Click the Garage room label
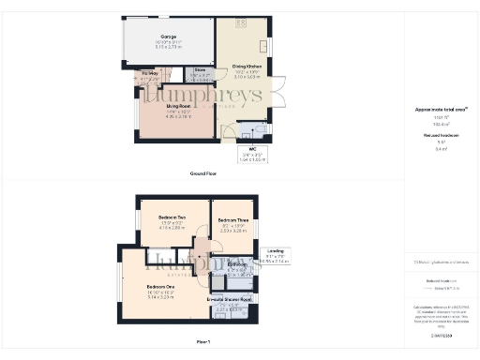[x=169, y=37]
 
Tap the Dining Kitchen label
[x=246, y=66]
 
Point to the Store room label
[x=199, y=70]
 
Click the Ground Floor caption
[x=203, y=173]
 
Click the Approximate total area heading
[x=435, y=110]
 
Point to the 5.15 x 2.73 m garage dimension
[x=169, y=46]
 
